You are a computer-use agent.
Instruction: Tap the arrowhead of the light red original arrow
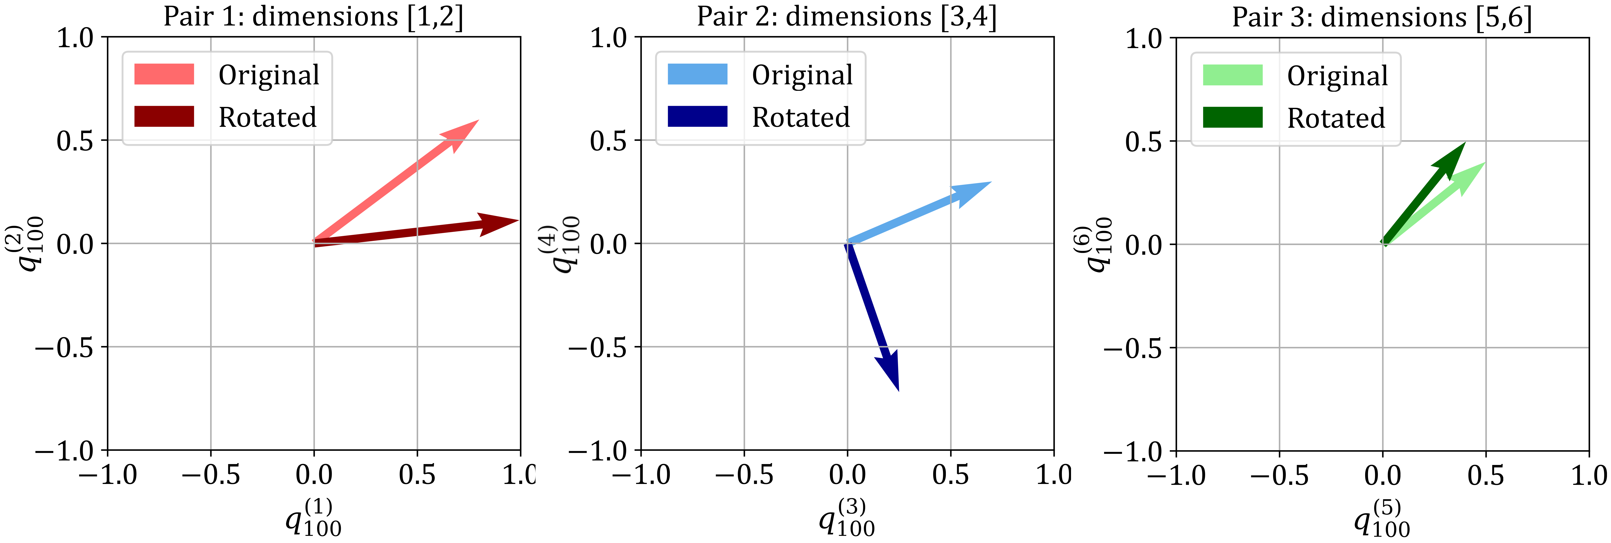[477, 121]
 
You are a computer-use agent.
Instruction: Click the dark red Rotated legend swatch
[164, 116]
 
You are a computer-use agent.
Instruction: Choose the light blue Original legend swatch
[697, 74]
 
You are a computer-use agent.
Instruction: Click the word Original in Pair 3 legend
[1337, 76]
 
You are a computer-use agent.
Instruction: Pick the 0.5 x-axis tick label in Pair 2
[951, 475]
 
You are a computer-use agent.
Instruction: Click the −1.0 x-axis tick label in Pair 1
[108, 475]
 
